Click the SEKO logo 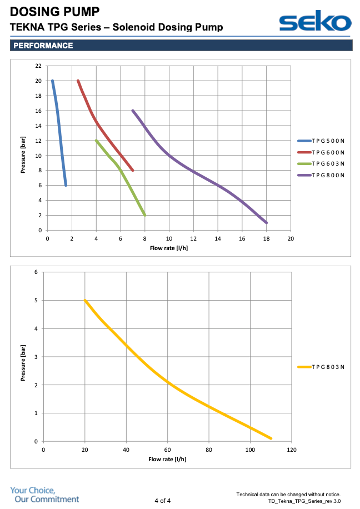315,22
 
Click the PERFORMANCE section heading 43,46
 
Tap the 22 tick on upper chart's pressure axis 38,66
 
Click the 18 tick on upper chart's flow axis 266,238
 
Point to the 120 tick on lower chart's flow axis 292,450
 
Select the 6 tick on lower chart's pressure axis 36,272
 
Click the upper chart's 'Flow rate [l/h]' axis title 168,248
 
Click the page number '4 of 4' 162,501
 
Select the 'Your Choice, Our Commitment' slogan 44,495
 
